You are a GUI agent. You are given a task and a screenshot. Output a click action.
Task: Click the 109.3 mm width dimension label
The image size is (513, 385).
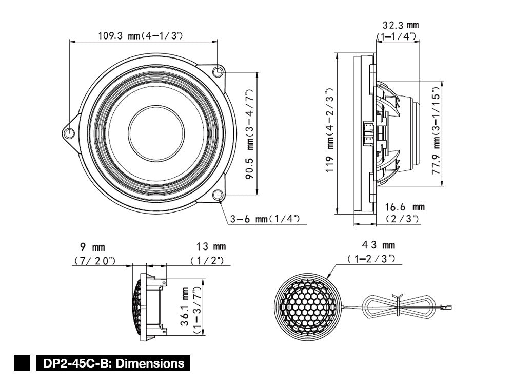(x=141, y=36)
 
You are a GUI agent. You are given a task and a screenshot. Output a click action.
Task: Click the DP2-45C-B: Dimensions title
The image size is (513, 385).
(x=113, y=363)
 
